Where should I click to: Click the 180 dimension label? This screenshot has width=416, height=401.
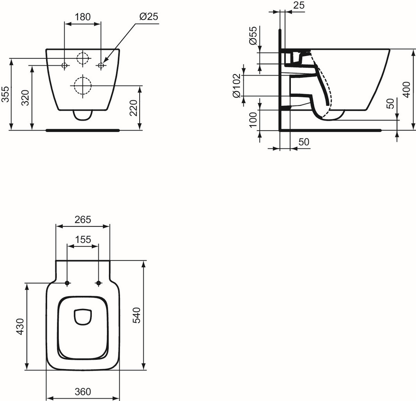[82, 17]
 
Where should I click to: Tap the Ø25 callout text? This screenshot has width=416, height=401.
[149, 16]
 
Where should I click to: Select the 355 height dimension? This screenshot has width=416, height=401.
[6, 94]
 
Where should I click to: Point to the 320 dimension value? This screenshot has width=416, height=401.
[26, 98]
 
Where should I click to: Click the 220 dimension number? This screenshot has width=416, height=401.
[133, 108]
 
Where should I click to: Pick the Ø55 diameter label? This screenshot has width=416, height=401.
[253, 35]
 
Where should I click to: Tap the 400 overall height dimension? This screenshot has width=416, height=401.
[406, 89]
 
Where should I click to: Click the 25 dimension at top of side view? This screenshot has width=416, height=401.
[299, 5]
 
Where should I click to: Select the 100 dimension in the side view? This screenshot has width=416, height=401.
[253, 120]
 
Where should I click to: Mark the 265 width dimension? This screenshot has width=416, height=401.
[82, 219]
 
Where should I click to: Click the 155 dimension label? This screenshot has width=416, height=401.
[83, 239]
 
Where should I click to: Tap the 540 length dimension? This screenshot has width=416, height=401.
[137, 315]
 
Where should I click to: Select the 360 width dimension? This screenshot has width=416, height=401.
[83, 391]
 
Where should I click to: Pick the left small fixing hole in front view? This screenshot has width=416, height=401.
[65, 65]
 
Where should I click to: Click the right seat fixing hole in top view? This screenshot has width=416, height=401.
[98, 283]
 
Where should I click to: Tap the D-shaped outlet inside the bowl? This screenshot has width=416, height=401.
[83, 317]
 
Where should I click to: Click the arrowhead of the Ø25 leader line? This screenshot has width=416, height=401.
[104, 62]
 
